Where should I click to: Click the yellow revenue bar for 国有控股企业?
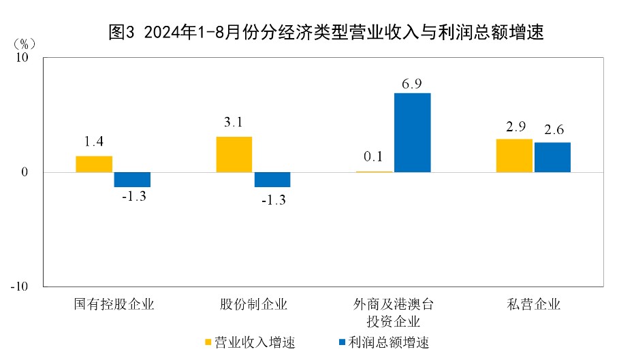click(x=94, y=164)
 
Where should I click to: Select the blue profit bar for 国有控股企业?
click(x=132, y=180)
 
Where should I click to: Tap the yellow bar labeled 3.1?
click(x=234, y=154)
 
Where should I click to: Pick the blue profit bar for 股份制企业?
click(x=272, y=180)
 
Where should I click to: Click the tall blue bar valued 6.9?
click(x=412, y=133)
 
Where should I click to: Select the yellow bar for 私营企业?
click(x=514, y=156)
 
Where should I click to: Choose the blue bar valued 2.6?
click(x=552, y=157)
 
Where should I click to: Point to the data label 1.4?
click(x=94, y=142)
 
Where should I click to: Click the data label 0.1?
click(x=373, y=157)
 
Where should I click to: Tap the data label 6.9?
click(x=412, y=84)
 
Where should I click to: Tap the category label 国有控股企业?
click(x=114, y=304)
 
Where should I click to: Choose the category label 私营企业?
click(x=533, y=304)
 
